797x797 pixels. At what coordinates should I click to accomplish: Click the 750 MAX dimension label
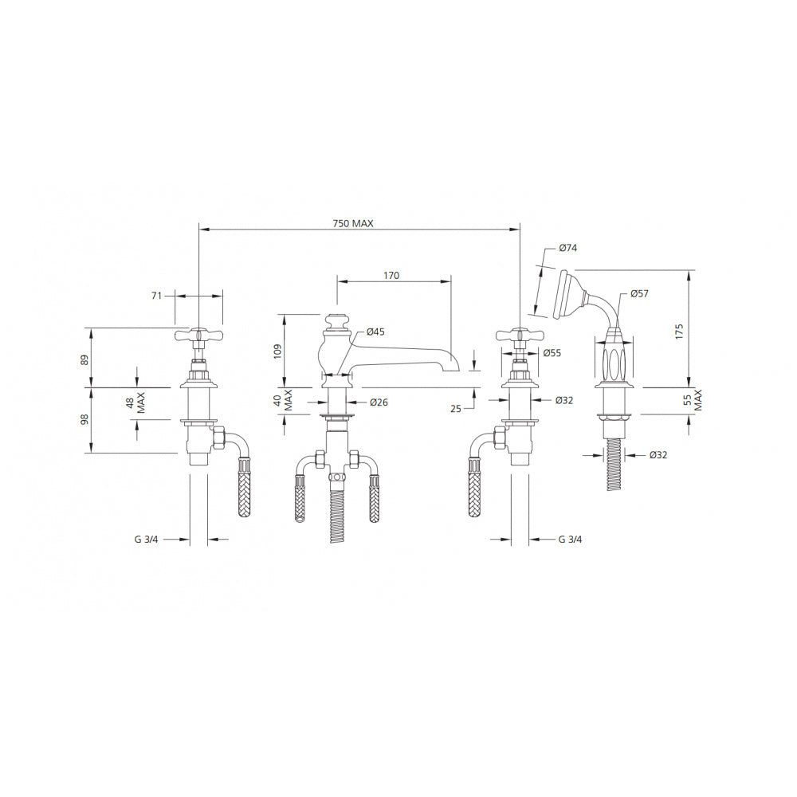[x=353, y=224]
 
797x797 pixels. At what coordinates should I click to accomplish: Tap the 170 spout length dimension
[x=391, y=276]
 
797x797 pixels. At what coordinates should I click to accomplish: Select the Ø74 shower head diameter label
[x=567, y=248]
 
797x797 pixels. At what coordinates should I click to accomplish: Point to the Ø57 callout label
[x=639, y=293]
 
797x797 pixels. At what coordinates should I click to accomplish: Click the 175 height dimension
[x=680, y=332]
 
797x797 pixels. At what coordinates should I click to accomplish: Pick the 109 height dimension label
[x=277, y=351]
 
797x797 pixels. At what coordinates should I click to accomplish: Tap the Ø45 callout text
[x=375, y=332]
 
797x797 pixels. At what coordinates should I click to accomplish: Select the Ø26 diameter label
[x=379, y=402]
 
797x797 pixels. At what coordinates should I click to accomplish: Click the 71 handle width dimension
[x=156, y=296]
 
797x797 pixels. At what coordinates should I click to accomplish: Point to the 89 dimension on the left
[x=84, y=359]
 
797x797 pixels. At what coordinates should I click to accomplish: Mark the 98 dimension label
[x=84, y=419]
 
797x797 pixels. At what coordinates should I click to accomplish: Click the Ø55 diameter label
[x=552, y=353]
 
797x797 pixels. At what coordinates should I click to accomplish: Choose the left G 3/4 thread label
[x=147, y=540]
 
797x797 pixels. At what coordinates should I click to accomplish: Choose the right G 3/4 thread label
[x=571, y=540]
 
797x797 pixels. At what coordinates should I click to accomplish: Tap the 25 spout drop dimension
[x=456, y=408]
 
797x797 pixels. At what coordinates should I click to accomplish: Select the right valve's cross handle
[x=520, y=335]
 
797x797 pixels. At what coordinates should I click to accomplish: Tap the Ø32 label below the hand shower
[x=658, y=455]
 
